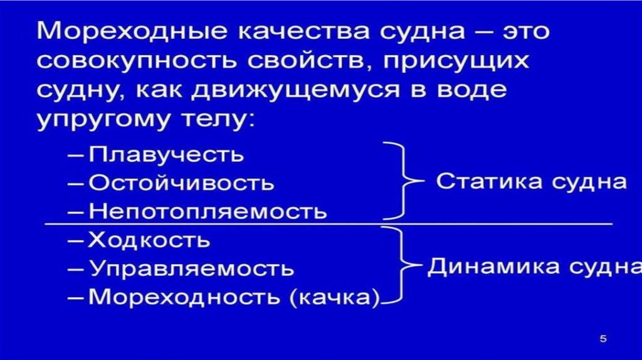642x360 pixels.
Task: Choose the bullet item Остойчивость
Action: click(x=181, y=183)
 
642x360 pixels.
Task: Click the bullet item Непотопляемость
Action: click(x=208, y=211)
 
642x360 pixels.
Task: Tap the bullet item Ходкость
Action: click(x=149, y=240)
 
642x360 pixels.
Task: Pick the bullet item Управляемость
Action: click(x=191, y=268)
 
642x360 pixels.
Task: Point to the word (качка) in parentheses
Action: click(x=335, y=296)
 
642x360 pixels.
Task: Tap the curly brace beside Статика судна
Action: click(x=401, y=182)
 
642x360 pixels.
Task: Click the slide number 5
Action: click(x=604, y=339)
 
